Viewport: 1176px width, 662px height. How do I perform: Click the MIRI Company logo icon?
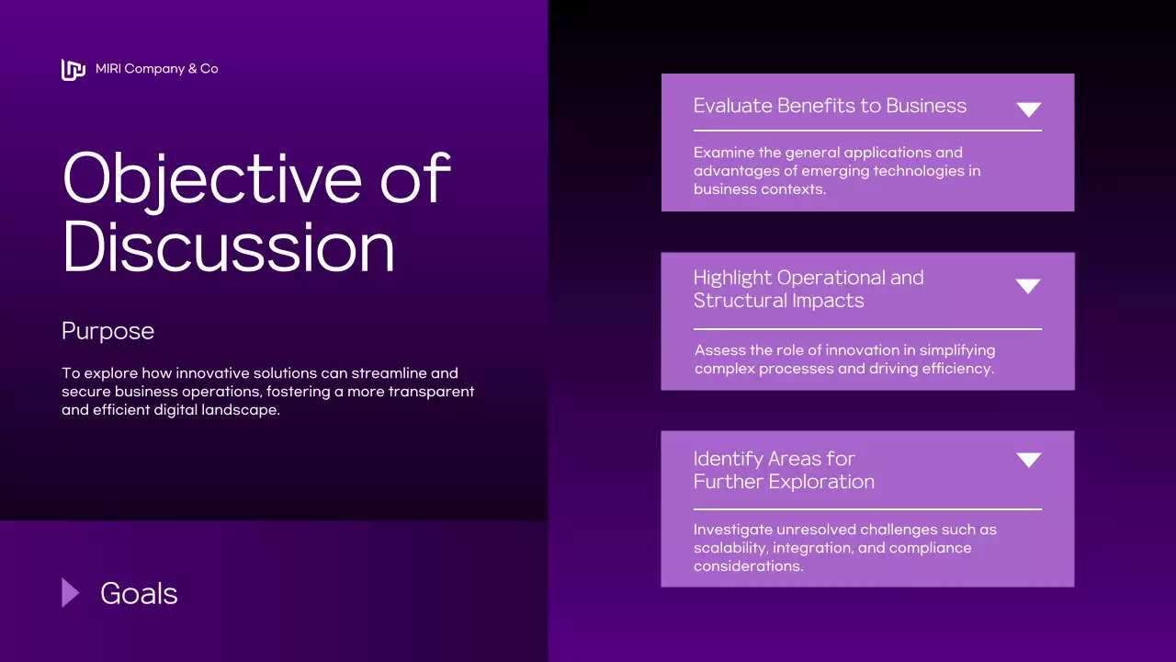73,69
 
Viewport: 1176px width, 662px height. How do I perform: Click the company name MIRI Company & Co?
157,69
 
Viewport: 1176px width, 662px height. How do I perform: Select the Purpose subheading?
107,331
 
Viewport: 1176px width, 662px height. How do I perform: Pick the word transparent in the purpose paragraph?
430,392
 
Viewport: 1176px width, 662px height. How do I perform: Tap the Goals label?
139,593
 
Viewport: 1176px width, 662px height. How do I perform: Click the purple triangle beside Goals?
70,593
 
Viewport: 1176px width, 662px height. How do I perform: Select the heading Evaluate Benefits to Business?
830,106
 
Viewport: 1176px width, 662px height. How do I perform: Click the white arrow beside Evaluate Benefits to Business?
1028,109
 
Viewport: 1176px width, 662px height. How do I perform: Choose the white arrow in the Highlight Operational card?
1028,286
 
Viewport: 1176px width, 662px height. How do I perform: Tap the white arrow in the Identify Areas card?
1028,460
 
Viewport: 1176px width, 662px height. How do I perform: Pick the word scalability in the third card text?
731,548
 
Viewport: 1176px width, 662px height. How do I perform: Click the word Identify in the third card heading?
728,459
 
